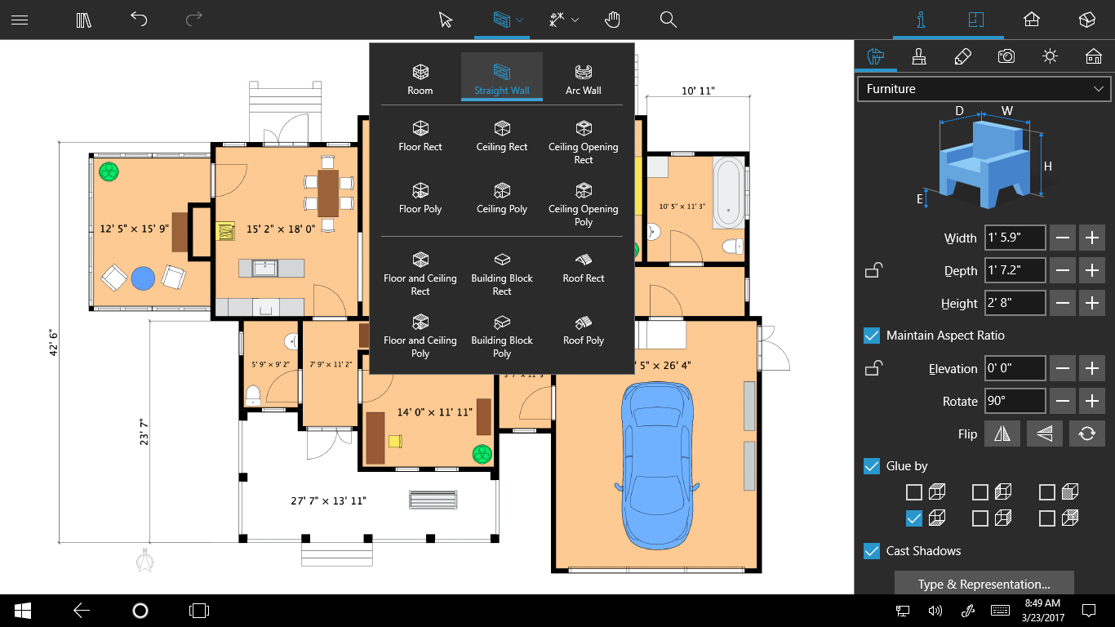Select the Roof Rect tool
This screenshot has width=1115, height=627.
point(583,269)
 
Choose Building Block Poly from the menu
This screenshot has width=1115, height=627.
point(502,337)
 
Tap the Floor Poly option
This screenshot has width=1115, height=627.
point(420,199)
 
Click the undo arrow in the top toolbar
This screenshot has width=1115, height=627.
point(139,20)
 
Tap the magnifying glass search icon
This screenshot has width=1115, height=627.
point(668,20)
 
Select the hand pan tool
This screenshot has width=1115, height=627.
point(612,20)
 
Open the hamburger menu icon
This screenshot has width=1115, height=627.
point(20,20)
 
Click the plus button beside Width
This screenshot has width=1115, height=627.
point(1091,238)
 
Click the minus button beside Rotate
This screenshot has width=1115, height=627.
point(1062,401)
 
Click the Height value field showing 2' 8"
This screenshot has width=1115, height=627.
point(1015,303)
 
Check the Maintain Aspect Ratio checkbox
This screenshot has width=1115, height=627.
point(872,336)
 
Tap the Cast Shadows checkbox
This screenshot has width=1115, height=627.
point(872,551)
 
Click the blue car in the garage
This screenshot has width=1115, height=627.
point(657,465)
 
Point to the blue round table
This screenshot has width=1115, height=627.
point(143,278)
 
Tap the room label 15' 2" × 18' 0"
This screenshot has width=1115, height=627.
point(281,229)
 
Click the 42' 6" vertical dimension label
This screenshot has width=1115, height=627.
point(53,342)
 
